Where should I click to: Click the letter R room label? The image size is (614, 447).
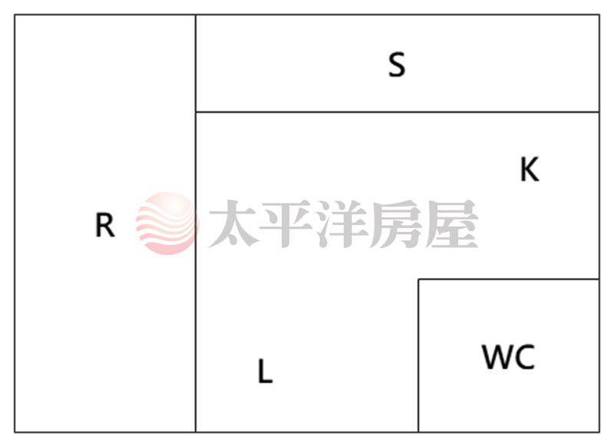click(105, 225)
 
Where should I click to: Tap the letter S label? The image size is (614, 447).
click(397, 65)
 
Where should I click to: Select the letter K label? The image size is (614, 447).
click(530, 169)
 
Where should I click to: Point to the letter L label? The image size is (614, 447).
click(265, 372)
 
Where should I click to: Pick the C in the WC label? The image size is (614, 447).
click(524, 356)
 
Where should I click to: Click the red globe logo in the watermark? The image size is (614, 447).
click(167, 223)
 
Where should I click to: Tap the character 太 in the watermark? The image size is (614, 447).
click(234, 223)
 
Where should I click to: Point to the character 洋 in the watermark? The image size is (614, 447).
click(342, 223)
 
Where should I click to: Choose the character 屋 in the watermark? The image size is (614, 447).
click(451, 223)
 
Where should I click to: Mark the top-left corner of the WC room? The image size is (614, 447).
click(418, 280)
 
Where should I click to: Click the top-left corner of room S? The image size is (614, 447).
click(196, 15)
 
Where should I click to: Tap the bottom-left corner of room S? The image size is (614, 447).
click(196, 112)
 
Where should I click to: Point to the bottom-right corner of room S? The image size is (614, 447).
click(599, 112)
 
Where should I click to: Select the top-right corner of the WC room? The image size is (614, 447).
click(599, 280)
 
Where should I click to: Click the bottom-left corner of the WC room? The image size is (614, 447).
click(418, 432)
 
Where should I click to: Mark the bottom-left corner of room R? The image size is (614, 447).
click(15, 432)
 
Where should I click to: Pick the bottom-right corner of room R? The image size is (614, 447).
click(196, 432)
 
